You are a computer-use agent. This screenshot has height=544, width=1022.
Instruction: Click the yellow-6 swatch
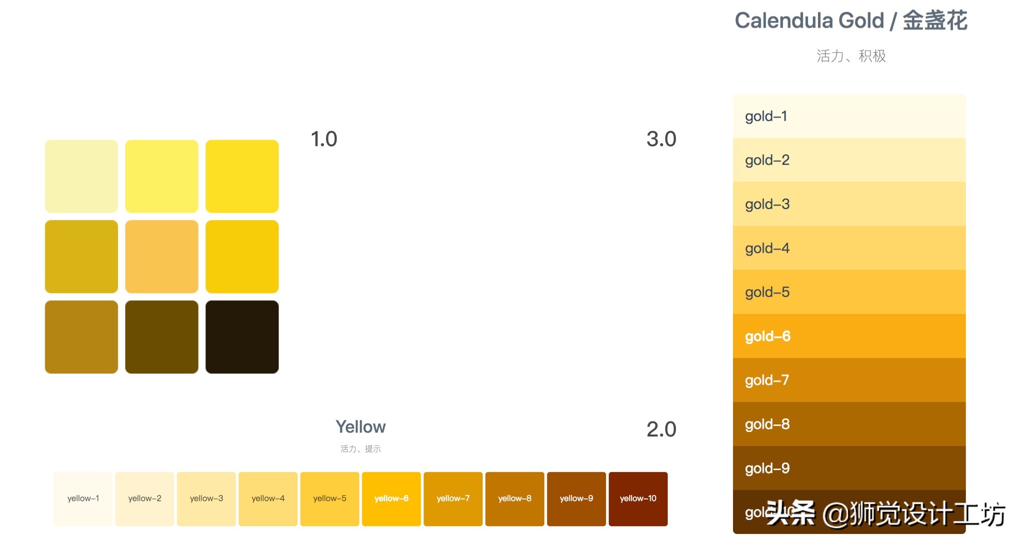pyautogui.click(x=391, y=498)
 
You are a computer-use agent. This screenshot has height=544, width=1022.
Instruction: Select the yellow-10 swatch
pyautogui.click(x=638, y=498)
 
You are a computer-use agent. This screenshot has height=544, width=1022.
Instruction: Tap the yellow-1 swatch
pyautogui.click(x=83, y=498)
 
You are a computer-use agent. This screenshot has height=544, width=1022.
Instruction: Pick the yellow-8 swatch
pyautogui.click(x=515, y=498)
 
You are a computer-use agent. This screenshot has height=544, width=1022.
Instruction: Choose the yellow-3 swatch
pyautogui.click(x=206, y=498)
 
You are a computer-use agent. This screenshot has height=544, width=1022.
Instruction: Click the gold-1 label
pyautogui.click(x=766, y=117)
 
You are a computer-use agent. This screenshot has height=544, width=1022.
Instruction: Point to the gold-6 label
pyautogui.click(x=767, y=336)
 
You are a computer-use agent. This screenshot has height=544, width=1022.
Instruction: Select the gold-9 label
pyautogui.click(x=767, y=468)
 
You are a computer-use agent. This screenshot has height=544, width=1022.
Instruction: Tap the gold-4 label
pyautogui.click(x=767, y=248)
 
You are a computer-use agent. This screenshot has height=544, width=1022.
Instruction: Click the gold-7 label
pyautogui.click(x=767, y=380)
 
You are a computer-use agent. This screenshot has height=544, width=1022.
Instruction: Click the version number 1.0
pyautogui.click(x=324, y=139)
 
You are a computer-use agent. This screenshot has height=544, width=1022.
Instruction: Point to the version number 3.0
pyautogui.click(x=661, y=139)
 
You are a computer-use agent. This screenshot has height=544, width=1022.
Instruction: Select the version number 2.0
pyautogui.click(x=661, y=429)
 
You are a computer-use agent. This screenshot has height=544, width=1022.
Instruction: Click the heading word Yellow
pyautogui.click(x=360, y=427)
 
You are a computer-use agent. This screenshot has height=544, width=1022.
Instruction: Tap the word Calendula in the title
pyautogui.click(x=784, y=21)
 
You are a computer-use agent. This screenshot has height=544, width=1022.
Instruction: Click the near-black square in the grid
pyautogui.click(x=242, y=337)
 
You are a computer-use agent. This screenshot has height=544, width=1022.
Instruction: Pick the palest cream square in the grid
pyautogui.click(x=81, y=176)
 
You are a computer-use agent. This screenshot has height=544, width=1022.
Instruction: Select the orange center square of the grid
pyautogui.click(x=161, y=257)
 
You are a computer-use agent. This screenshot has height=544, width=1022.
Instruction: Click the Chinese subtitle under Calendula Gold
pyautogui.click(x=851, y=56)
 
